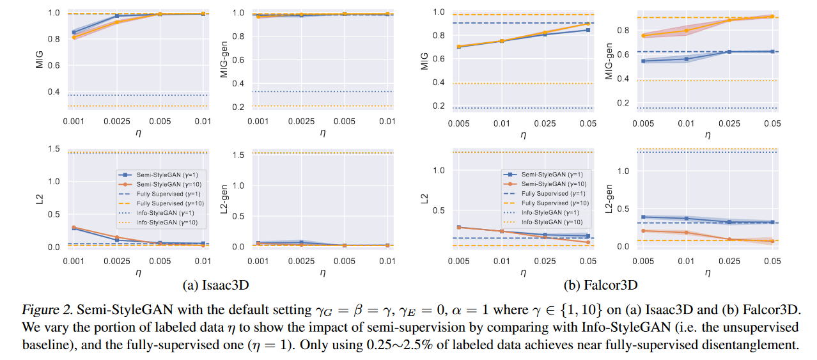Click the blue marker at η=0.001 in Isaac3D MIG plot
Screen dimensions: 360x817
[74, 32]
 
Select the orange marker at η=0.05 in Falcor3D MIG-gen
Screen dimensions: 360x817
[772, 17]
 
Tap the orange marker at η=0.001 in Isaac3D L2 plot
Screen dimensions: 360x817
[74, 227]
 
